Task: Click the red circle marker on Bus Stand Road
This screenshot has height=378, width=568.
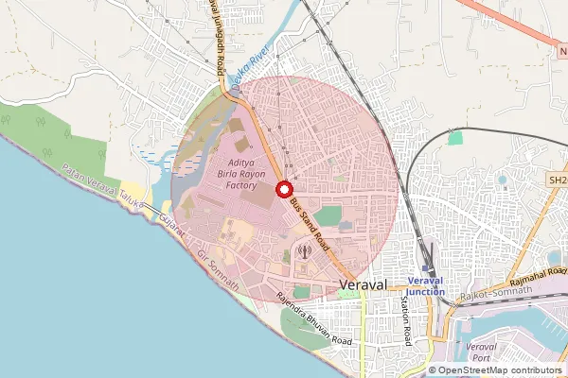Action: point(283,189)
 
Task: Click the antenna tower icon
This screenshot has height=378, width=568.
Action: point(303,251)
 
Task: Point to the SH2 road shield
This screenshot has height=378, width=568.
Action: point(557,178)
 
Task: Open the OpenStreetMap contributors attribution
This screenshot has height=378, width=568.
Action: point(500,369)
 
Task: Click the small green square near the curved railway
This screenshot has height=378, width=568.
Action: point(455,138)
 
